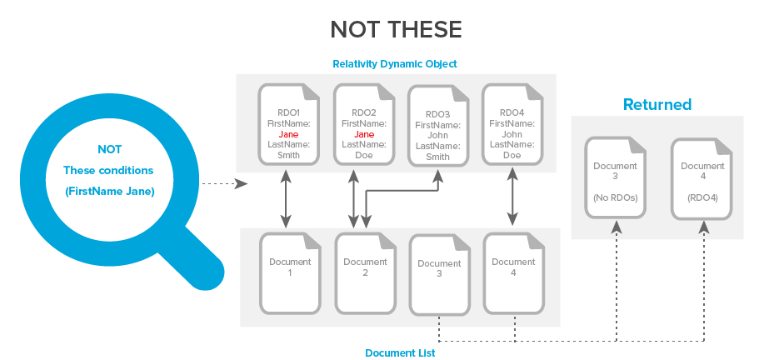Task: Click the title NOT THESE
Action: pos(396,30)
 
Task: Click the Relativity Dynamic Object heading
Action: pos(394,64)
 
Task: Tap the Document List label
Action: pos(400,352)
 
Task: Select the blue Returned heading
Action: pos(657,105)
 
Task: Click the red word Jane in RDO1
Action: pos(288,133)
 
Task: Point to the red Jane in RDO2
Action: pos(364,133)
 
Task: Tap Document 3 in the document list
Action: pos(438,274)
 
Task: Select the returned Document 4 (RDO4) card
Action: pos(702,177)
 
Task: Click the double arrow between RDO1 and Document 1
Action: pos(286,200)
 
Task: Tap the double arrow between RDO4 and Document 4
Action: pos(510,200)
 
